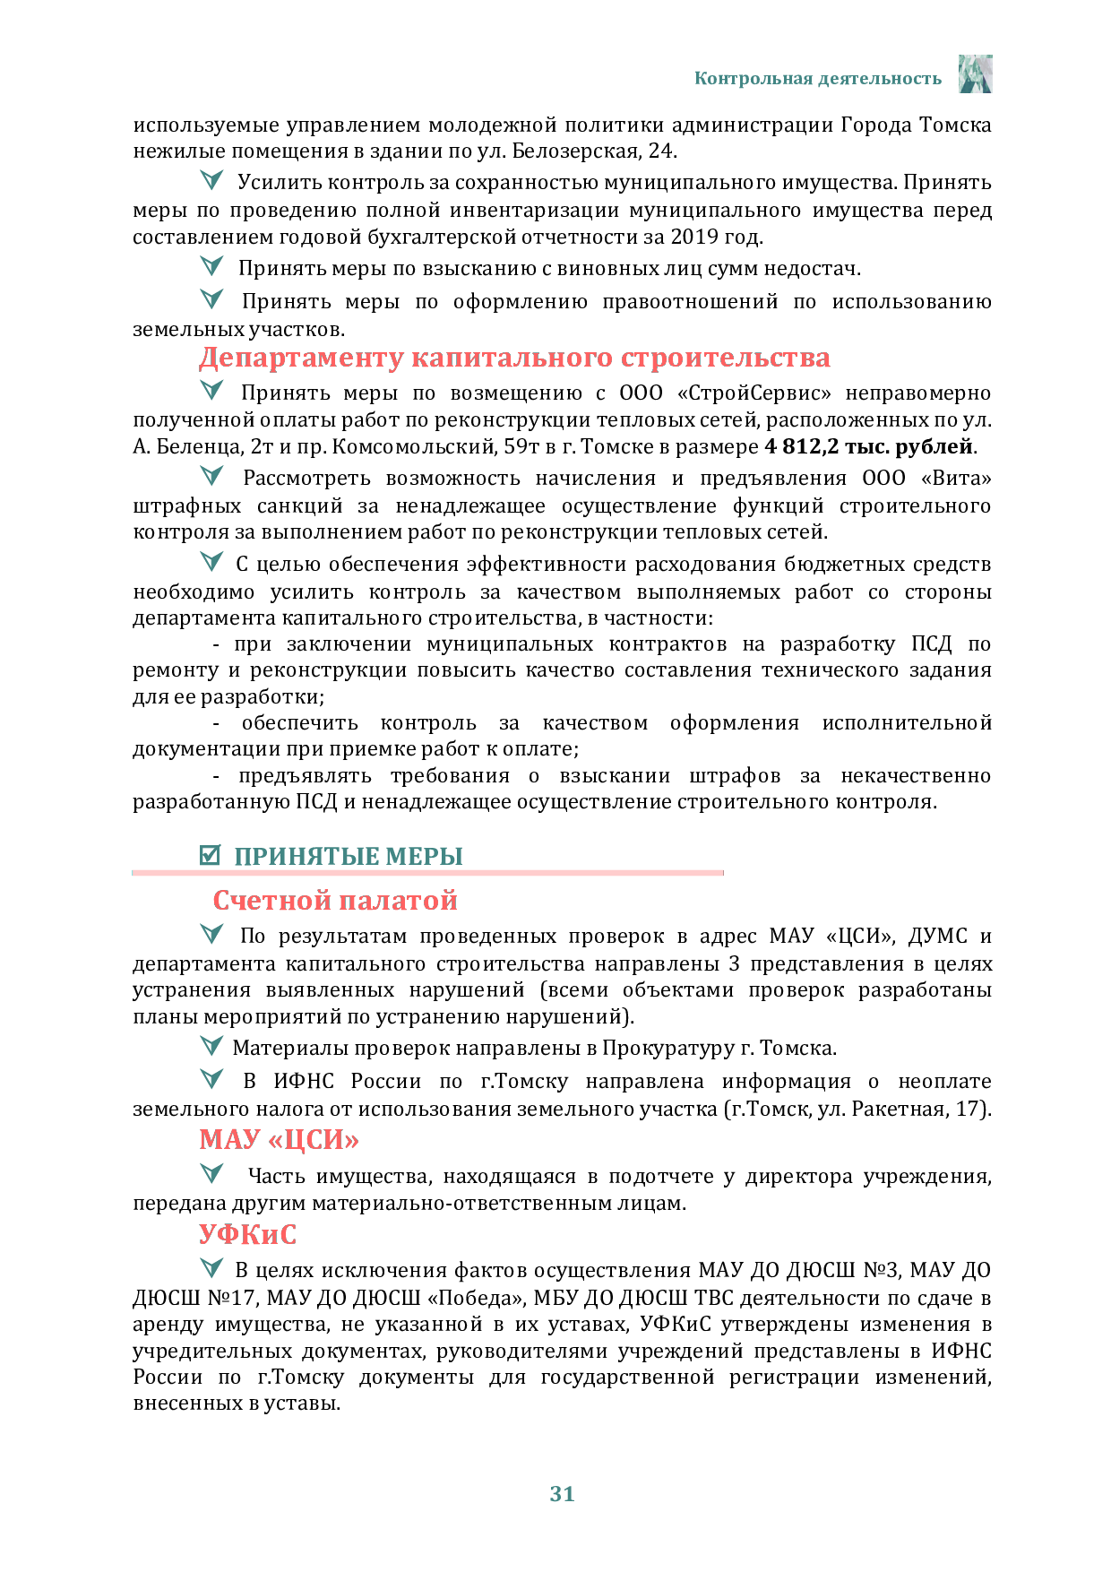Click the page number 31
pyautogui.click(x=562, y=1493)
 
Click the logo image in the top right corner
pyautogui.click(x=975, y=73)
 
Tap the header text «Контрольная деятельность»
pyautogui.click(x=818, y=79)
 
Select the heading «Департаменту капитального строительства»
pyautogui.click(x=514, y=358)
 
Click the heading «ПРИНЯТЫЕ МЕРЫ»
pyautogui.click(x=349, y=856)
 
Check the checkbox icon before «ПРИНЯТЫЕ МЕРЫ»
pyautogui.click(x=210, y=855)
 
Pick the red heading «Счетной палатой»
pyautogui.click(x=335, y=900)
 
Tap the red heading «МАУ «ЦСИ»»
pyautogui.click(x=279, y=1139)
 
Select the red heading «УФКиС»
pyautogui.click(x=247, y=1234)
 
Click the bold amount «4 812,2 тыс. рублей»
pyautogui.click(x=869, y=446)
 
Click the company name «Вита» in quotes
pyautogui.click(x=959, y=478)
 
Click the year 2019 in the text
pyautogui.click(x=694, y=237)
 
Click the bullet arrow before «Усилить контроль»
pyautogui.click(x=211, y=180)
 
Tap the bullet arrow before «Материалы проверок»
pyautogui.click(x=211, y=1046)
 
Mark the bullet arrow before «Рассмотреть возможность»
pyautogui.click(x=211, y=476)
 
